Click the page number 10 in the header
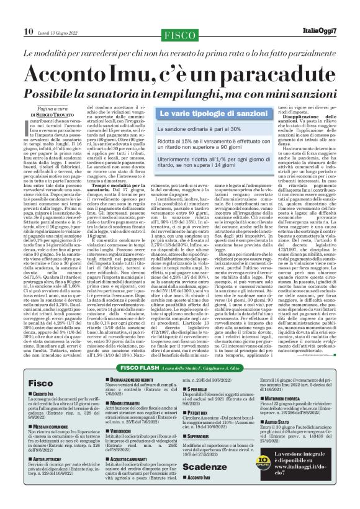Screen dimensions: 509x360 tap(29, 32)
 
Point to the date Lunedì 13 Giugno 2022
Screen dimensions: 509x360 tap(60, 32)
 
